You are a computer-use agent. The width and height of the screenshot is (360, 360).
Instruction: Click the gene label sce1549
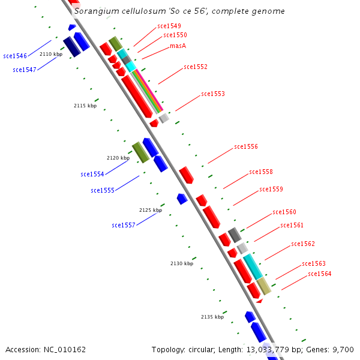[169, 26]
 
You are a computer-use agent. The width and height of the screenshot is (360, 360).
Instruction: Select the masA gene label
[178, 46]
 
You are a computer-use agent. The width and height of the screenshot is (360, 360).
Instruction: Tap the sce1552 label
[196, 67]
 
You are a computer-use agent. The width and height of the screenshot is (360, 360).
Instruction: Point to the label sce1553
[213, 94]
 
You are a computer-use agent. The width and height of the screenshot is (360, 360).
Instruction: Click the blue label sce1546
[15, 56]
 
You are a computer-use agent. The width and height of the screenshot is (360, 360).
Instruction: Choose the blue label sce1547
[25, 70]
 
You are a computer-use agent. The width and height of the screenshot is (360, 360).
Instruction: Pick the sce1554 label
[92, 174]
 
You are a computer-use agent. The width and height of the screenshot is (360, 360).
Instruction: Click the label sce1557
[124, 225]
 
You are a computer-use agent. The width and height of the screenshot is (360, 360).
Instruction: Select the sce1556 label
[246, 146]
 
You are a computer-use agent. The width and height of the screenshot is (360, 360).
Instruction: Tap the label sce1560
[284, 212]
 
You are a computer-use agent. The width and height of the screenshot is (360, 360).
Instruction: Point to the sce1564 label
[320, 274]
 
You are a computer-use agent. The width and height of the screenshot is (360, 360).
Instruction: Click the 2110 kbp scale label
[51, 54]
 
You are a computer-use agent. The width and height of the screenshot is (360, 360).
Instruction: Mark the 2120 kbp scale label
[118, 158]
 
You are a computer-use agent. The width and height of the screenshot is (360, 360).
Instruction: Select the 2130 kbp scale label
[182, 263]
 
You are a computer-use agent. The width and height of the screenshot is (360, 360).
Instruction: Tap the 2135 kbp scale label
[212, 317]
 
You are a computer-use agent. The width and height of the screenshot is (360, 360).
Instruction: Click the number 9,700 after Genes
[343, 349]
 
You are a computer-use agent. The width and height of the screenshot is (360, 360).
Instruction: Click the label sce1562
[303, 244]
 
